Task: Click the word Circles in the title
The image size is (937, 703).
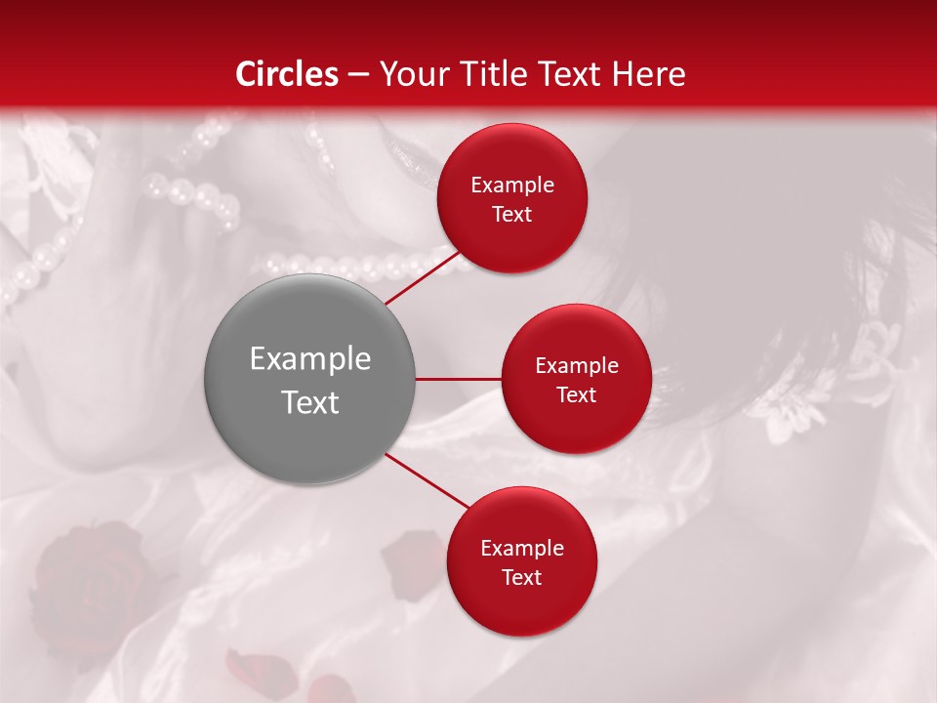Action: [x=287, y=73]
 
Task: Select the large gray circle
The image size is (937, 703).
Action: [x=309, y=379]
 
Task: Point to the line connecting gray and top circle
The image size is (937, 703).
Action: [x=422, y=276]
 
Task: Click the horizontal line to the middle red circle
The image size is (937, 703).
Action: [x=458, y=379]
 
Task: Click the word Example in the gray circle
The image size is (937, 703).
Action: [x=309, y=359]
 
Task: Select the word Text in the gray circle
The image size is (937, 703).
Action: [x=309, y=402]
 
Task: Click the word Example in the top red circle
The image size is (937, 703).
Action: [x=511, y=186]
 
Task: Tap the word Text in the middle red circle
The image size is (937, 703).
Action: [x=576, y=395]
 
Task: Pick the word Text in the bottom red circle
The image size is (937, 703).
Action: [x=521, y=578]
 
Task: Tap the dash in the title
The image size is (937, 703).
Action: [x=358, y=74]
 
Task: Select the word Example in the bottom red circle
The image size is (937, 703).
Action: [x=521, y=549]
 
